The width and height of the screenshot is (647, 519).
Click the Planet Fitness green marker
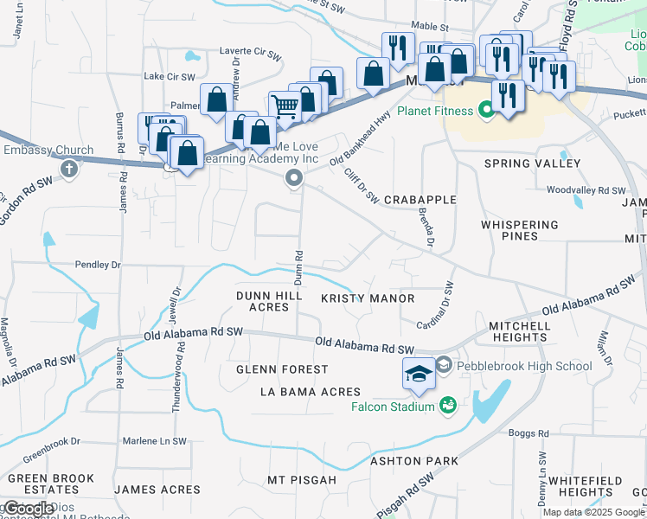(486, 110)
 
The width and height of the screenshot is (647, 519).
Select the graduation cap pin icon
(419, 374)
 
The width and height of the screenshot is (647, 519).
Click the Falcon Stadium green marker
(448, 404)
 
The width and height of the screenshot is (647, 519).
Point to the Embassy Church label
(48, 151)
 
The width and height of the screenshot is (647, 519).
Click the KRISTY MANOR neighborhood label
(368, 298)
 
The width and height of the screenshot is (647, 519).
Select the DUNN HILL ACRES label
(269, 301)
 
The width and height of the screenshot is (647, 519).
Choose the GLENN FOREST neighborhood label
(283, 369)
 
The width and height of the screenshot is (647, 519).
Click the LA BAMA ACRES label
(311, 392)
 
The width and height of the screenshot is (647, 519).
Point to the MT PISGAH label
(300, 479)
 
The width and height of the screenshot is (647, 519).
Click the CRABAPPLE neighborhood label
(420, 200)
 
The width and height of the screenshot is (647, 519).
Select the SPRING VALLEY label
(532, 163)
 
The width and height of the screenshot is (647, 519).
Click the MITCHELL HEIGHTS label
(519, 332)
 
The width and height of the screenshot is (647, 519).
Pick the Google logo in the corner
(29, 509)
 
